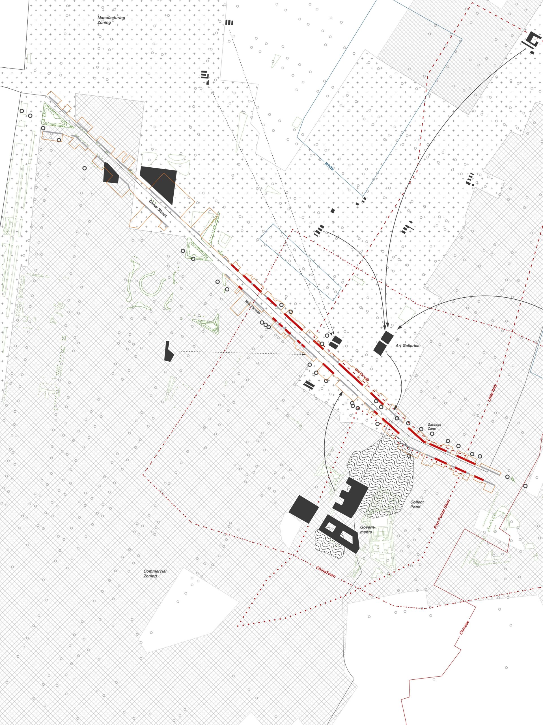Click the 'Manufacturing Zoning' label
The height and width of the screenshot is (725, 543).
tap(111, 20)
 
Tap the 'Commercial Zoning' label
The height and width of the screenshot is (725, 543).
tap(155, 573)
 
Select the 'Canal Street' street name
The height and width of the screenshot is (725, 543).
tap(158, 209)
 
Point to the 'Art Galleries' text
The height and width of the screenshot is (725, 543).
tap(408, 346)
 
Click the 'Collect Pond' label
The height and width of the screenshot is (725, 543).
tap(417, 504)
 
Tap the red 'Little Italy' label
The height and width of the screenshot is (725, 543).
tap(492, 393)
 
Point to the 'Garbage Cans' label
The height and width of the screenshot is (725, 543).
tap(434, 427)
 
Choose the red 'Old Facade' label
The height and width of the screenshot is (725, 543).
tap(362, 374)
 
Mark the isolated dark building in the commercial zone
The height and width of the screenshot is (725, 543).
tap(168, 352)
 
